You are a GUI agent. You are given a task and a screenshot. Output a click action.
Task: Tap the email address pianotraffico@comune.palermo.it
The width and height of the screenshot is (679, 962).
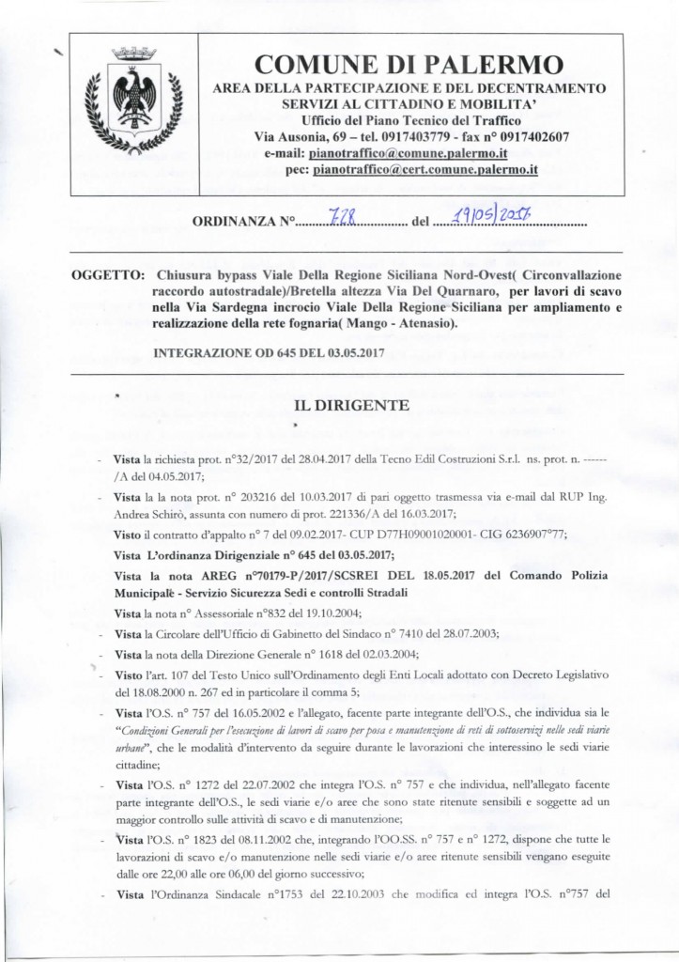(x=409, y=152)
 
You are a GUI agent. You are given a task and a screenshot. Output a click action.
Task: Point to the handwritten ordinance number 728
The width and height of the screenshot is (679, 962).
(x=334, y=222)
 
